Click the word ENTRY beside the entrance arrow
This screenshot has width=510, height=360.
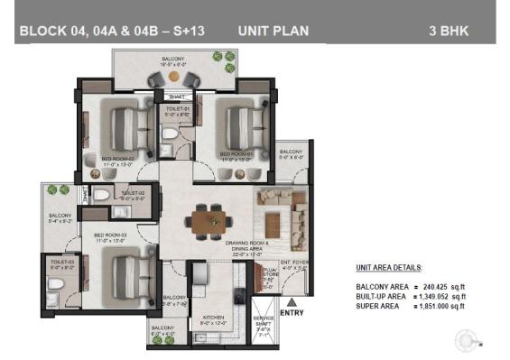(293, 313)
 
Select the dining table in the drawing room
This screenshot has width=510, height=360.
(209, 218)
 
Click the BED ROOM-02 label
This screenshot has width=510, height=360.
(117, 160)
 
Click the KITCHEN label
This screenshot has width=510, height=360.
(214, 318)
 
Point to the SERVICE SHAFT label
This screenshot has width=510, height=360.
(264, 322)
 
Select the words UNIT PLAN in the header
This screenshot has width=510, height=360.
(273, 31)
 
